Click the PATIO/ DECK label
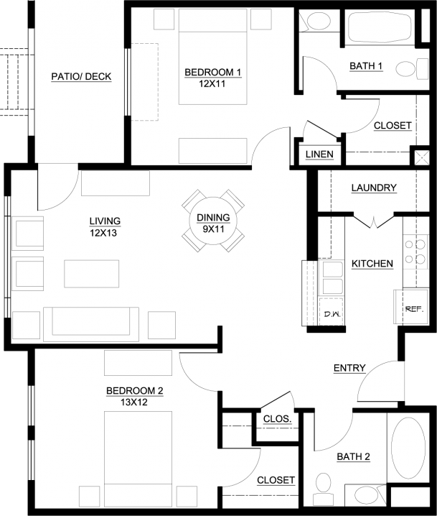click(81, 77)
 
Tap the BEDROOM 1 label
click(213, 72)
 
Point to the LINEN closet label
click(319, 154)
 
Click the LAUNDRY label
click(374, 188)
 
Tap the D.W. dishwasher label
click(332, 314)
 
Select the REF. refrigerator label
click(414, 309)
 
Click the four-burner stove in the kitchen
click(415, 252)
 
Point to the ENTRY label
click(349, 368)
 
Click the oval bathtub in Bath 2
click(408, 448)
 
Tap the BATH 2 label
click(354, 457)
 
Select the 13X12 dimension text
click(134, 402)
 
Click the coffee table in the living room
click(92, 274)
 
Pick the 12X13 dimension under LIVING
click(103, 233)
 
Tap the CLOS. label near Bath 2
click(277, 419)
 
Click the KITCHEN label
click(372, 264)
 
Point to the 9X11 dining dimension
click(213, 229)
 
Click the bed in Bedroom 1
click(212, 57)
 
